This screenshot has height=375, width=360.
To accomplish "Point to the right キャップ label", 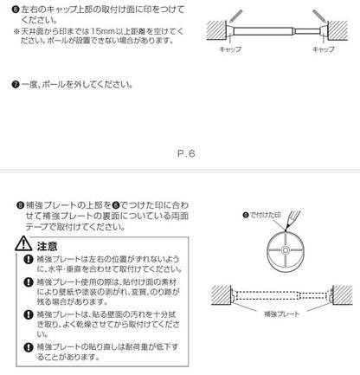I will point(323,52).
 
